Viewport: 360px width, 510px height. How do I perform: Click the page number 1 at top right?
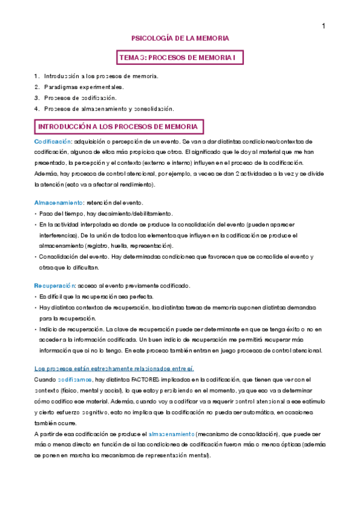tap(323, 26)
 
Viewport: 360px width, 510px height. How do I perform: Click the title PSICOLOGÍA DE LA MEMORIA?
tap(180, 38)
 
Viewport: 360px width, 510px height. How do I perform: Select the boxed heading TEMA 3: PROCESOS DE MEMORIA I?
tap(180, 57)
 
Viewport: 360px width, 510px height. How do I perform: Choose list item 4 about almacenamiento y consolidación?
tap(109, 108)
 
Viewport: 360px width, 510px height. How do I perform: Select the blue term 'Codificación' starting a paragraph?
tap(53, 141)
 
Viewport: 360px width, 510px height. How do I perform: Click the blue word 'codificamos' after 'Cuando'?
tap(75, 379)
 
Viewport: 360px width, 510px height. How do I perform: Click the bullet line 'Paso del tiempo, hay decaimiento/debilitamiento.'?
tap(106, 214)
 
